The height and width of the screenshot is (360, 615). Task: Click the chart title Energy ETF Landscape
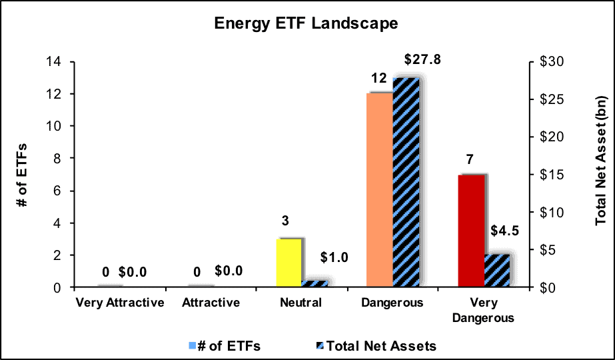coord(306,23)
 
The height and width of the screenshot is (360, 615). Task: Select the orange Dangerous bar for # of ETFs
coord(380,190)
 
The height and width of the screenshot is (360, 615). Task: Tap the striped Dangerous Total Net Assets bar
coord(406,183)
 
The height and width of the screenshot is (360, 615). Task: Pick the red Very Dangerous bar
coord(471,231)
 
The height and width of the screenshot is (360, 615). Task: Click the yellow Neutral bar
coord(289,263)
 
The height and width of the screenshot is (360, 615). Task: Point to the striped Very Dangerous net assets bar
coord(497,271)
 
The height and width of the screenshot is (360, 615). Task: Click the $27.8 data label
coord(422,60)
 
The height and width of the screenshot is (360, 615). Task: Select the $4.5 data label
coord(505,231)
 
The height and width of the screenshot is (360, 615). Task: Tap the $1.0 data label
coord(334,257)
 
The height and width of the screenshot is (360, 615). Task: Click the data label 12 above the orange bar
coord(379,79)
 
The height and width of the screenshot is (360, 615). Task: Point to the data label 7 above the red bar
coord(470,160)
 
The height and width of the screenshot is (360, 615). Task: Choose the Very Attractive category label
coord(120,303)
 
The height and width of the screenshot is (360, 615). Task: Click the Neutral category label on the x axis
coord(301,303)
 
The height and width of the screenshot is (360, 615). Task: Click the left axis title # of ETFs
coord(23,175)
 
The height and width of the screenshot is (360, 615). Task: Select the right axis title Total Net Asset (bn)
coord(600,160)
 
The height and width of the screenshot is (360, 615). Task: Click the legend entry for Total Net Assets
coord(376,346)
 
